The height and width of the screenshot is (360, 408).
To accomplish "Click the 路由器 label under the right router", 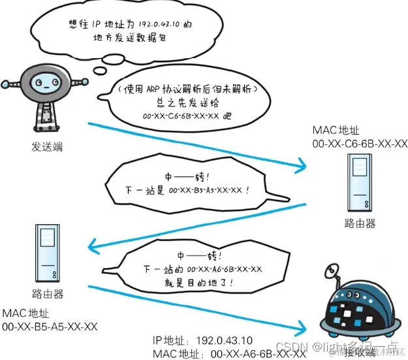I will [x=360, y=223].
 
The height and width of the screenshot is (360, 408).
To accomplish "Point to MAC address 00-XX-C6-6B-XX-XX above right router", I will [x=360, y=144].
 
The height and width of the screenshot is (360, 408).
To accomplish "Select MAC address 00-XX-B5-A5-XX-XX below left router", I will [x=50, y=326].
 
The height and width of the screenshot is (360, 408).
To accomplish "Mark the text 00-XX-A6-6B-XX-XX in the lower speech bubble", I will [x=225, y=269].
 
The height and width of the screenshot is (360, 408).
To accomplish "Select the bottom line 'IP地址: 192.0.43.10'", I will [x=209, y=341].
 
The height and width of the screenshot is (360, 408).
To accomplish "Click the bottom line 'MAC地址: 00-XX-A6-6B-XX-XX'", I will [x=228, y=353].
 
